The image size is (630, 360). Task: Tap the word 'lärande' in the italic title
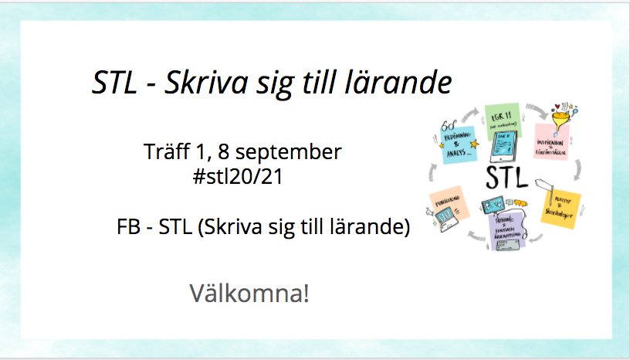tap(401, 83)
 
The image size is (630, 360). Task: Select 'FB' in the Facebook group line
tap(128, 228)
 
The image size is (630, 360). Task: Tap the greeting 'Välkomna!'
tap(249, 294)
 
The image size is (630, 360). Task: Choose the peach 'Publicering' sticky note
tap(447, 204)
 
